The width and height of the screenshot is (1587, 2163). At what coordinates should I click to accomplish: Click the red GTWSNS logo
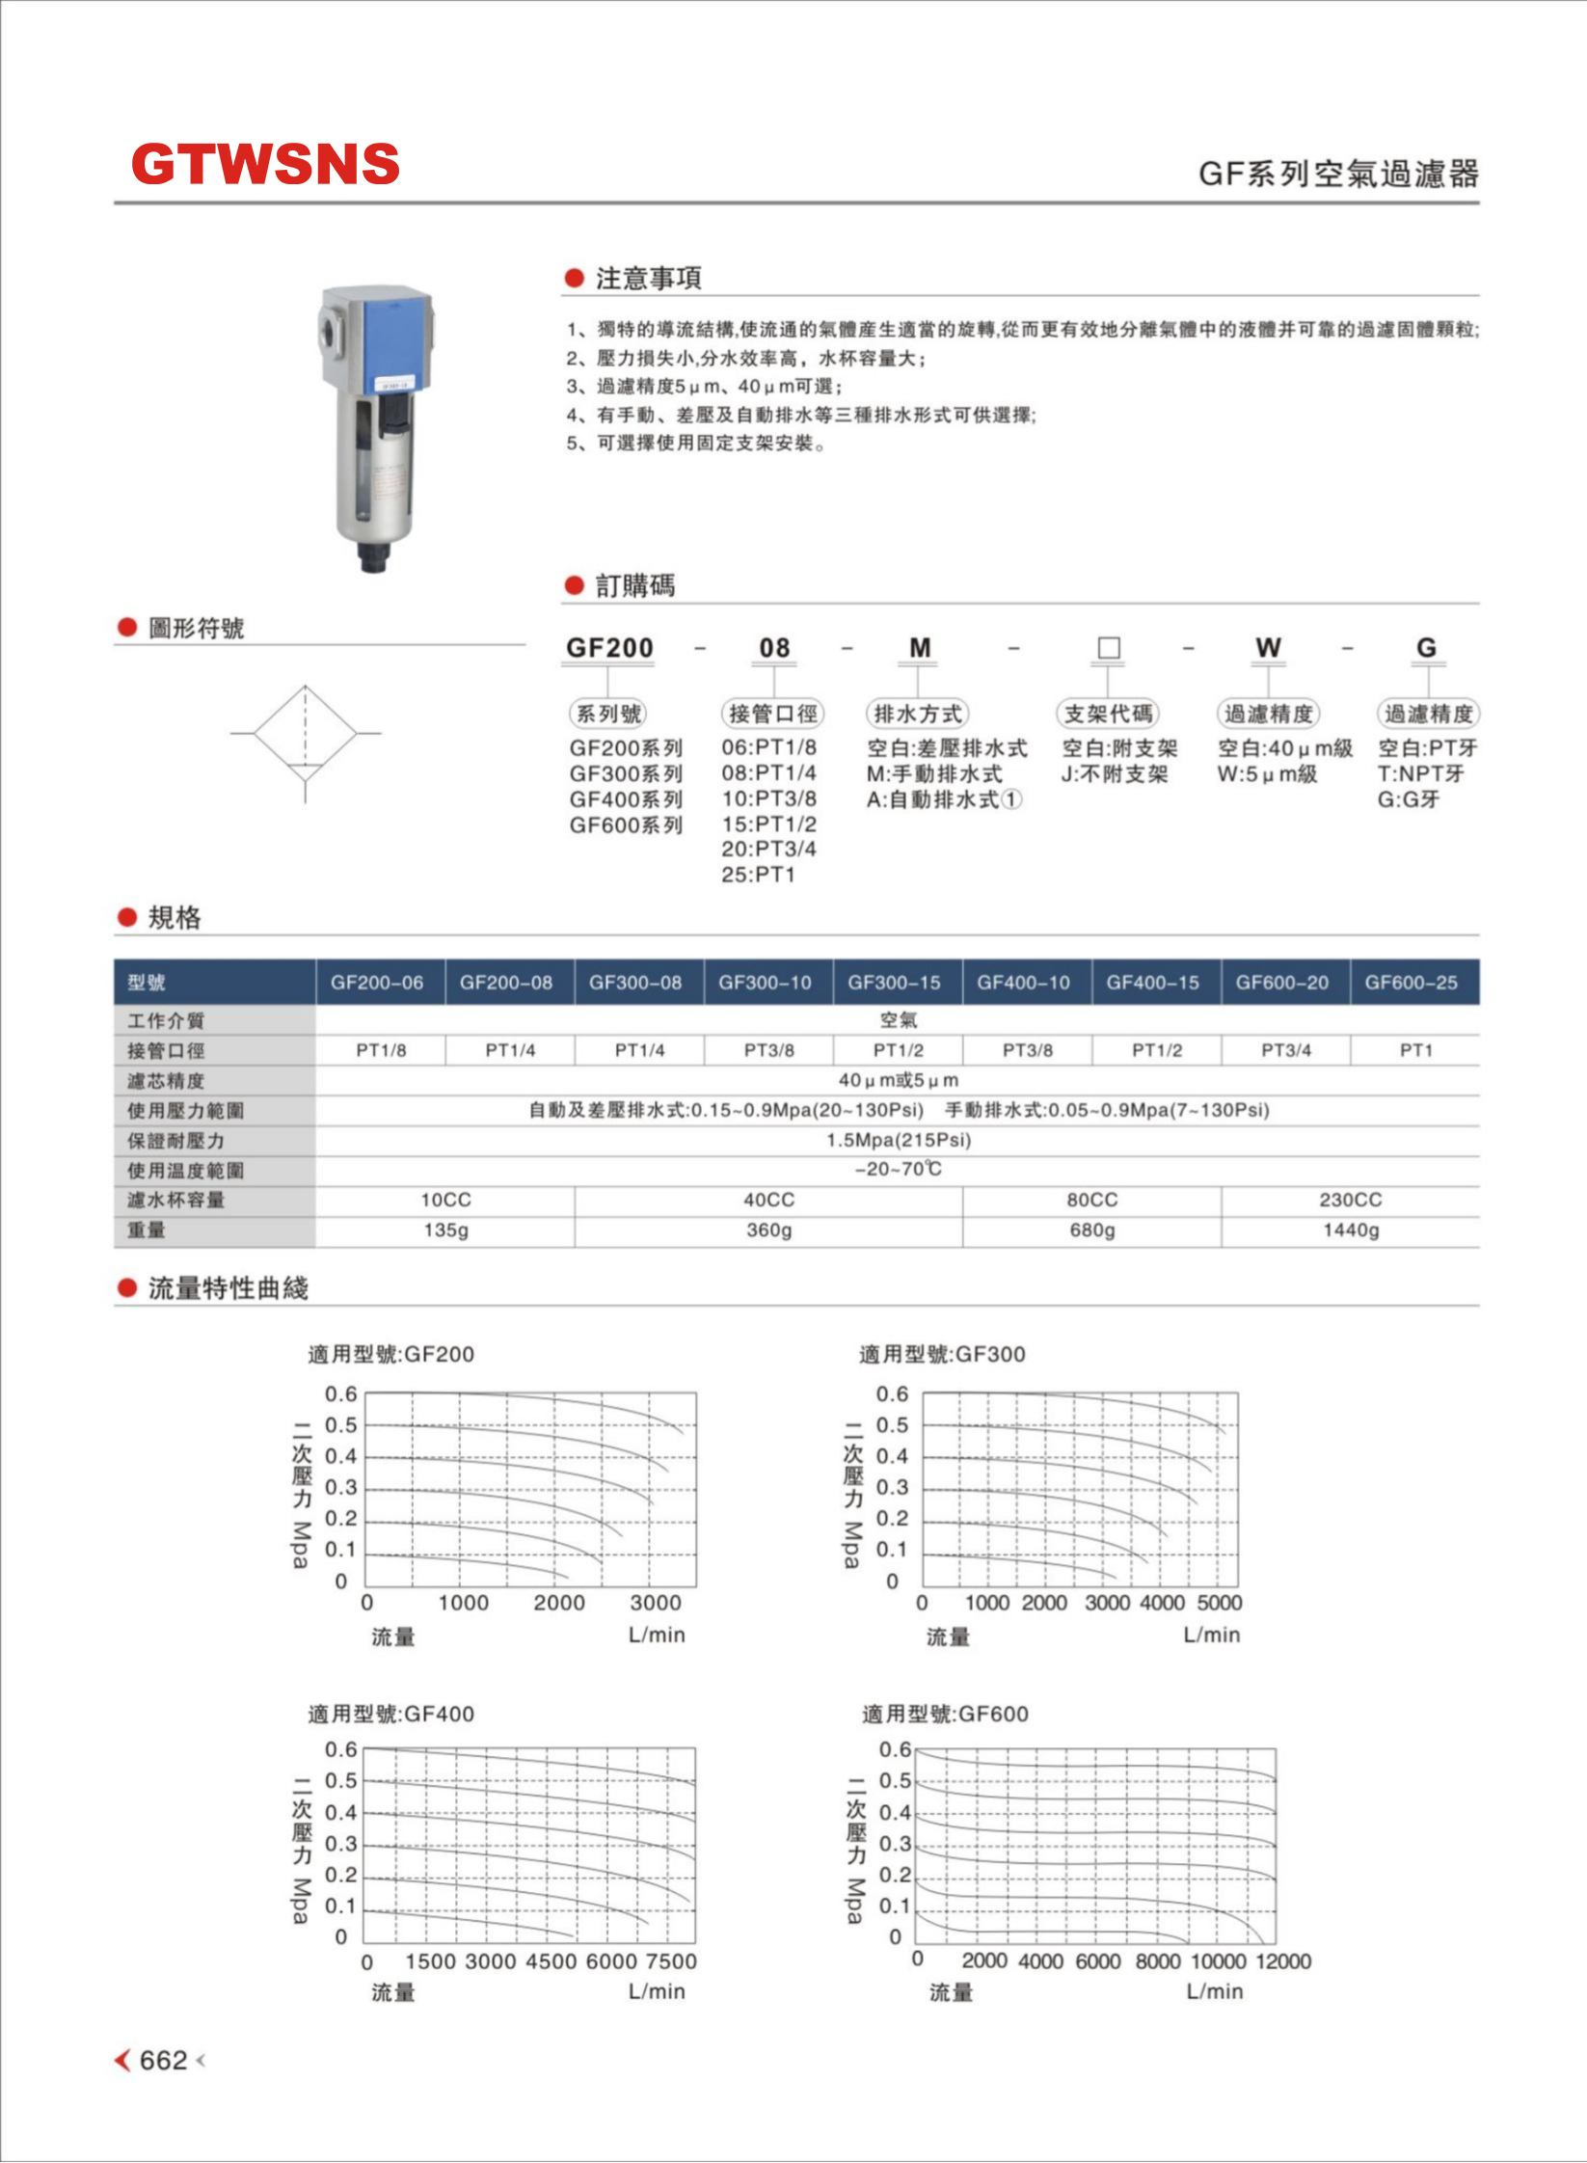pyautogui.click(x=265, y=164)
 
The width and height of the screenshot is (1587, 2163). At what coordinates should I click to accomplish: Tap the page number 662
pyautogui.click(x=163, y=2060)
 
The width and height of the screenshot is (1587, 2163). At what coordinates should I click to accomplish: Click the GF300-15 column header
pyautogui.click(x=894, y=983)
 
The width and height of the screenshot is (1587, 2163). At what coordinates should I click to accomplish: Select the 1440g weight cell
pyautogui.click(x=1350, y=1230)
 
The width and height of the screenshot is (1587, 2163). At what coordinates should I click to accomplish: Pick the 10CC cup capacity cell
pyautogui.click(x=445, y=1201)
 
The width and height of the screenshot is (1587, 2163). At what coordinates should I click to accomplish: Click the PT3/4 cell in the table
pyautogui.click(x=1286, y=1050)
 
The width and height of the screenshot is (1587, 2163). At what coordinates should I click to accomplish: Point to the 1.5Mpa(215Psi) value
pyautogui.click(x=898, y=1140)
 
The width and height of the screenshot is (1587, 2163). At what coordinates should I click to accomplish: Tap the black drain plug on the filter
pyautogui.click(x=373, y=558)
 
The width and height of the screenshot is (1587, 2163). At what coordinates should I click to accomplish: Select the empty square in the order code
pyautogui.click(x=1109, y=648)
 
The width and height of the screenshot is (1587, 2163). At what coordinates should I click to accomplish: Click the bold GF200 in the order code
pyautogui.click(x=609, y=648)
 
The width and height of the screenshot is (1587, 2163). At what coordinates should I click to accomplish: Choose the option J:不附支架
pyautogui.click(x=1115, y=774)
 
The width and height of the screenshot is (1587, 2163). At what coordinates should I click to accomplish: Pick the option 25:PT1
pyautogui.click(x=758, y=875)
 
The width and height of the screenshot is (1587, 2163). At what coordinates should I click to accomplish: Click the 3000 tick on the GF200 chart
pyautogui.click(x=655, y=1603)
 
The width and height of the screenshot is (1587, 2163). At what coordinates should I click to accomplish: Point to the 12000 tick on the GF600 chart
pyautogui.click(x=1283, y=1960)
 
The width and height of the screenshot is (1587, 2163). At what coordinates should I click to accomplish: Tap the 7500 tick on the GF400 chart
pyautogui.click(x=671, y=1961)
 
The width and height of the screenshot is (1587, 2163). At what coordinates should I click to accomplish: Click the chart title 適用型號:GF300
pyautogui.click(x=942, y=1354)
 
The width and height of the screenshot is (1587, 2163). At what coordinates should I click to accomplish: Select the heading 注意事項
pyautogui.click(x=648, y=279)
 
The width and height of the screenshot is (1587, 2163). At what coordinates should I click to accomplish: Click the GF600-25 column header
pyautogui.click(x=1411, y=983)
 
